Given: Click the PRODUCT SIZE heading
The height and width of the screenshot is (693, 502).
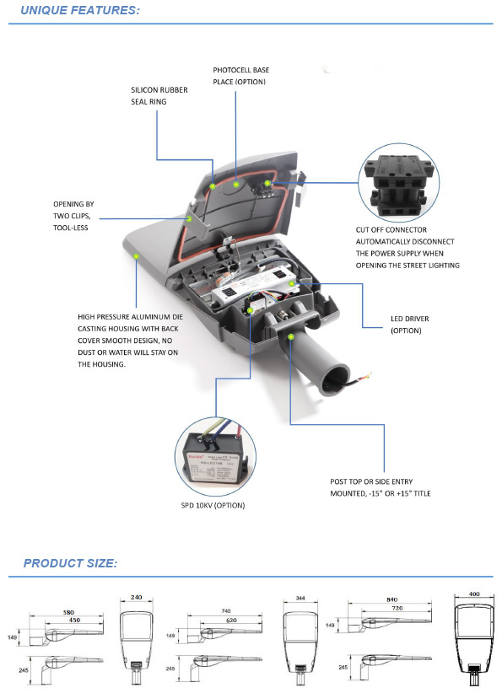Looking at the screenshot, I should [70, 563].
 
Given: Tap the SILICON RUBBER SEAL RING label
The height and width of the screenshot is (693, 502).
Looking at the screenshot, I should [159, 94].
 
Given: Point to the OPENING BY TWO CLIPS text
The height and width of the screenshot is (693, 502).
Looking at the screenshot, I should [74, 216].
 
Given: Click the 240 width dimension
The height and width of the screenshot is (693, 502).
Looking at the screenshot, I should [137, 597].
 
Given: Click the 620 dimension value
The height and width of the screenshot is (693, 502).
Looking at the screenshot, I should [232, 621].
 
